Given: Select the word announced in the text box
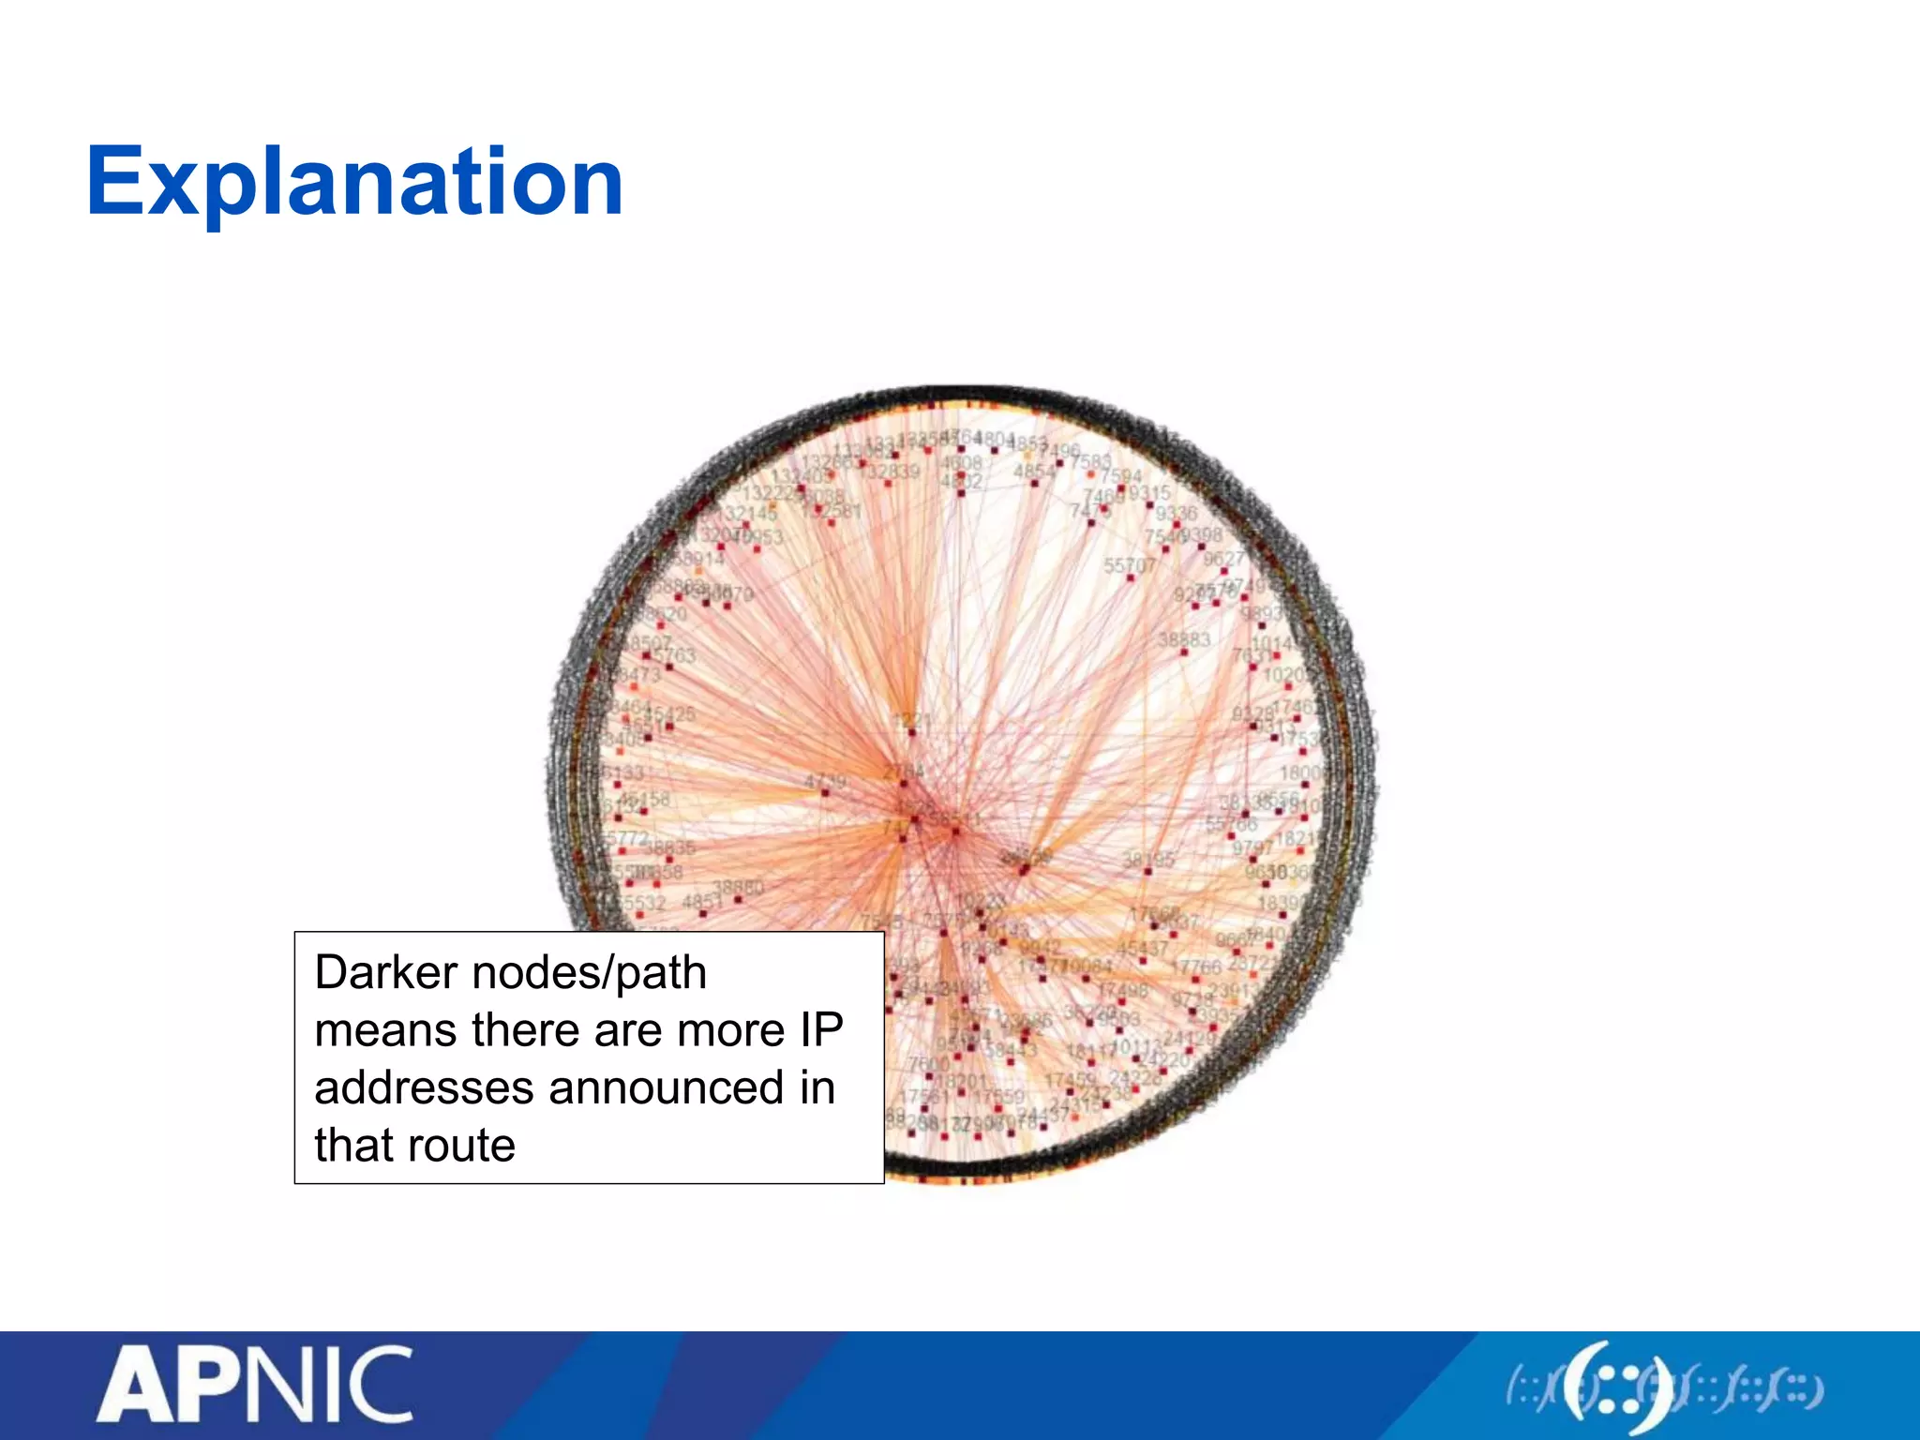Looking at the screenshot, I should pyautogui.click(x=666, y=1087).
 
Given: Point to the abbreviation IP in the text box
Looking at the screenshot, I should pyautogui.click(x=821, y=1030).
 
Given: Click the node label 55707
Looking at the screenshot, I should pyautogui.click(x=1129, y=565).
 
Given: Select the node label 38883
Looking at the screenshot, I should pyautogui.click(x=1184, y=640).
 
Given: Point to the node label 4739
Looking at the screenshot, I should pyautogui.click(x=825, y=781).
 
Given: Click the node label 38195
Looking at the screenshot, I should pyautogui.click(x=1148, y=859).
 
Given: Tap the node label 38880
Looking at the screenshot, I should pyautogui.click(x=739, y=887).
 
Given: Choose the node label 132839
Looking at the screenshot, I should pyautogui.click(x=892, y=472).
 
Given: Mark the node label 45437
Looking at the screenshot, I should pyautogui.click(x=1142, y=949).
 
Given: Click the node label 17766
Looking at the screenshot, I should pyautogui.click(x=1197, y=966).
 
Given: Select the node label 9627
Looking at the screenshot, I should pyautogui.click(x=1223, y=559).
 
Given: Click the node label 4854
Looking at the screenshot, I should pyautogui.click(x=1034, y=471).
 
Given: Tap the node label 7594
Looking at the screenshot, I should pyautogui.click(x=1120, y=476).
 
